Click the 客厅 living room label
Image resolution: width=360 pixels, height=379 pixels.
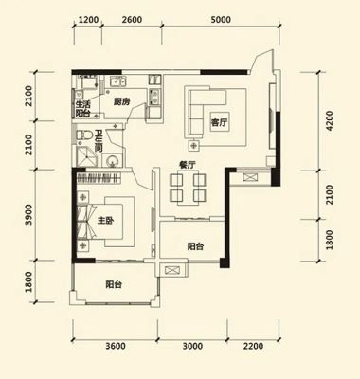coord(219,122)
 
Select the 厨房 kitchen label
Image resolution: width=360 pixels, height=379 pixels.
coord(121,102)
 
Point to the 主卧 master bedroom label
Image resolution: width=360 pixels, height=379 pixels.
coord(105,221)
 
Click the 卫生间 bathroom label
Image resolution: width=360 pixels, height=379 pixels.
coord(99,141)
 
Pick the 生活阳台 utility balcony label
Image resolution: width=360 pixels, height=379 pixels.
coord(82,109)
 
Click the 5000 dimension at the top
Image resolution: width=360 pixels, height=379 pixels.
coord(221,20)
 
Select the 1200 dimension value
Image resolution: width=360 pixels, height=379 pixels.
coord(88,20)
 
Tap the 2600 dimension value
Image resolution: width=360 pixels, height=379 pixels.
coord(132,20)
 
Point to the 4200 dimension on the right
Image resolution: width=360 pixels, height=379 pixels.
coord(330,120)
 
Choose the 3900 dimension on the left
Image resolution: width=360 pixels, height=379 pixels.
coord(28,214)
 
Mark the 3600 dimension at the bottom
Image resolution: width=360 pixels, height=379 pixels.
coord(116,346)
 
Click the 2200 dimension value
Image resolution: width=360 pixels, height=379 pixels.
coord(253,346)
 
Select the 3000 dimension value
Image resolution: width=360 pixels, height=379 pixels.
coord(192,346)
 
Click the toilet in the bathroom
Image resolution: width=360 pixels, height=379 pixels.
coord(83,135)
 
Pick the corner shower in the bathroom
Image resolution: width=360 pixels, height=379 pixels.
coord(87,156)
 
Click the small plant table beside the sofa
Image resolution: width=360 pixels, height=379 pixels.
coord(193,145)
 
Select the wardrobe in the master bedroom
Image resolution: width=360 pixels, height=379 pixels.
coord(99,178)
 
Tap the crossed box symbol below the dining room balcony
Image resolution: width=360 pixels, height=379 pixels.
coord(171,270)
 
